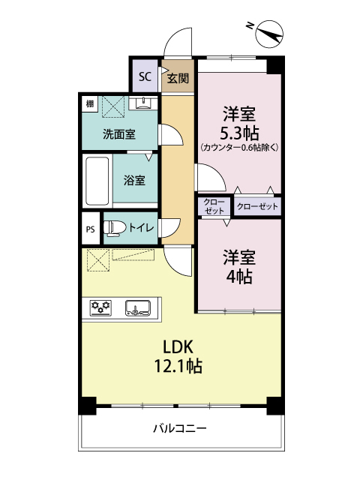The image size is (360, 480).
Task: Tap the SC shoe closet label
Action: pyautogui.click(x=145, y=76)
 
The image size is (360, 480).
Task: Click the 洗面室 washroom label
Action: pyautogui.click(x=119, y=134)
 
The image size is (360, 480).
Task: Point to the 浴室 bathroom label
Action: pyautogui.click(x=134, y=180)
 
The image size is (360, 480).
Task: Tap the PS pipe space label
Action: pyautogui.click(x=90, y=229)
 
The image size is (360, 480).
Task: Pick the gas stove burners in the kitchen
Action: pyautogui.click(x=101, y=306)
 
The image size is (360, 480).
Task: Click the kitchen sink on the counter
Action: pyautogui.click(x=137, y=306)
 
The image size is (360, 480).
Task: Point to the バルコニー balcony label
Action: pyautogui.click(x=180, y=428)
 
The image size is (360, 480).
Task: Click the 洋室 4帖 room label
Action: pyautogui.click(x=239, y=265)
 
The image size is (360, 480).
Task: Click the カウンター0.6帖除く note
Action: pyautogui.click(x=239, y=148)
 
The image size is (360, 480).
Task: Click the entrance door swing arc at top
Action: pyautogui.click(x=178, y=43)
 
